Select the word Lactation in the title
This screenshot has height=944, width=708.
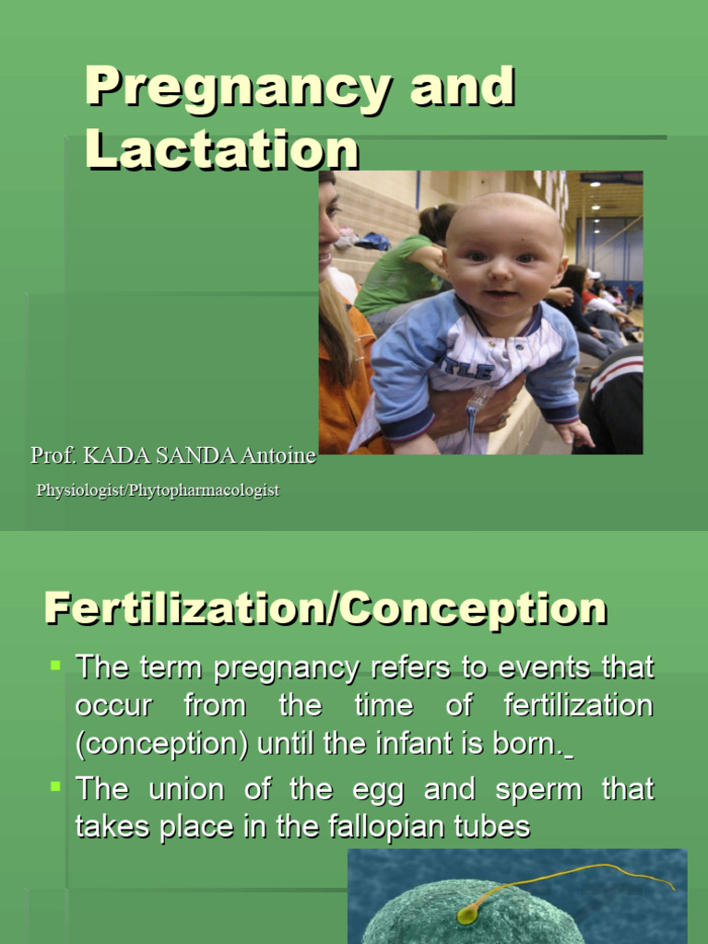222,148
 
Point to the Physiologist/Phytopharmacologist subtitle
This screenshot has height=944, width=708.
158,490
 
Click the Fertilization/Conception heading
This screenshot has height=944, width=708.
325,609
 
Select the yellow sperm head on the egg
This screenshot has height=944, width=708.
466,913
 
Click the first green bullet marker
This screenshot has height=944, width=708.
55,663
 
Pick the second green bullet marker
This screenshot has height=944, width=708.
55,785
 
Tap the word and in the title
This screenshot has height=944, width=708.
462,88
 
